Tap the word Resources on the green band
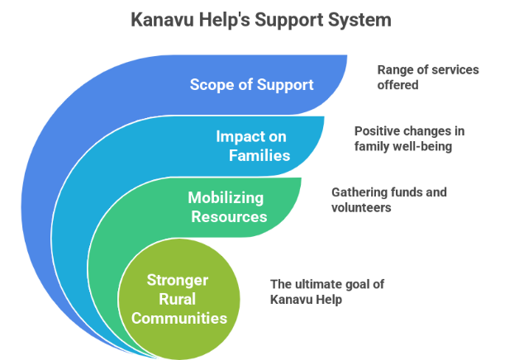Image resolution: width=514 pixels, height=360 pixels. coord(229,216)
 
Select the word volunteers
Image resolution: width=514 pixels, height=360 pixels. coord(360,207)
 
